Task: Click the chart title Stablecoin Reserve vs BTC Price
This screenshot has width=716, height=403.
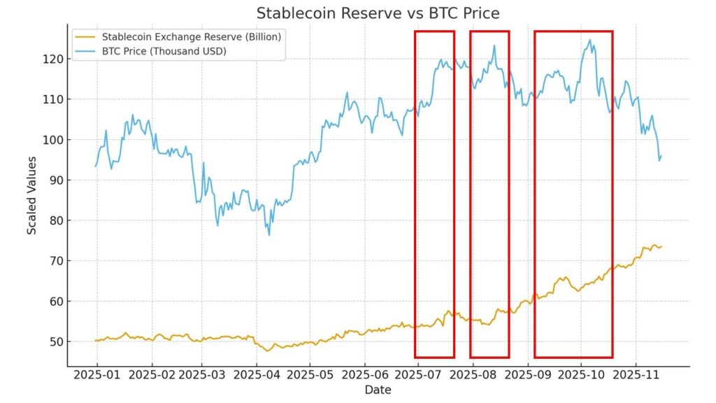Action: click(378, 13)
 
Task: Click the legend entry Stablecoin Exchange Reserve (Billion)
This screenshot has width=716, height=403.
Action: click(191, 37)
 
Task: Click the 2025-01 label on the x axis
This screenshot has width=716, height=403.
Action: click(96, 376)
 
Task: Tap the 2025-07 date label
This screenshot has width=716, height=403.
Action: click(418, 376)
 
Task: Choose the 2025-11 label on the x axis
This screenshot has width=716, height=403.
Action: click(636, 376)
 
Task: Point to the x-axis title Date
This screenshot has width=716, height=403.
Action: click(378, 390)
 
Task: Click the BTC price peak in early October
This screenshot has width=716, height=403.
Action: click(589, 40)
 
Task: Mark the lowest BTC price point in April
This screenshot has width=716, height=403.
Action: click(269, 234)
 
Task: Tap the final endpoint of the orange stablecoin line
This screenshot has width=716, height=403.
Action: click(661, 246)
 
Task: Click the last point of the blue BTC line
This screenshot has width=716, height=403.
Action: click(661, 156)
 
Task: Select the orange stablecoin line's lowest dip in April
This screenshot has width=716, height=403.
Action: click(268, 350)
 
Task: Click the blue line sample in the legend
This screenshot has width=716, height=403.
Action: click(87, 51)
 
